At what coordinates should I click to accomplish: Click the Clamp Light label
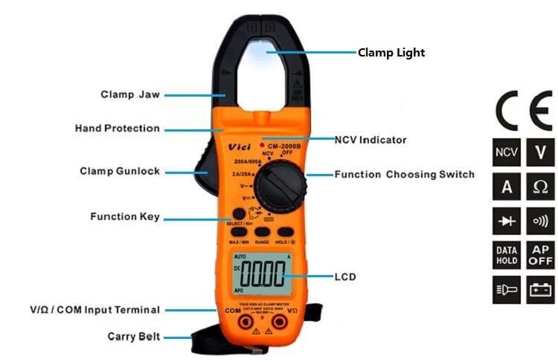(x=391, y=53)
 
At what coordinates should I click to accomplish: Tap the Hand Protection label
(x=117, y=128)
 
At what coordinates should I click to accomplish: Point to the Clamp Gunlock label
(x=120, y=171)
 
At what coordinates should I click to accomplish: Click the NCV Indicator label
(x=371, y=139)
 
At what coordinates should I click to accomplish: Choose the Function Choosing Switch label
(x=404, y=175)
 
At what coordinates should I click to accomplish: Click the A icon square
(x=507, y=187)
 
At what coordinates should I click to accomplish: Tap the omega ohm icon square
(x=540, y=187)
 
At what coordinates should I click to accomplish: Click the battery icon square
(x=540, y=290)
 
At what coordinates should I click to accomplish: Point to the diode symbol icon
(x=507, y=221)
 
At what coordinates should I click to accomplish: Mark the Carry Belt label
(x=132, y=336)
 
